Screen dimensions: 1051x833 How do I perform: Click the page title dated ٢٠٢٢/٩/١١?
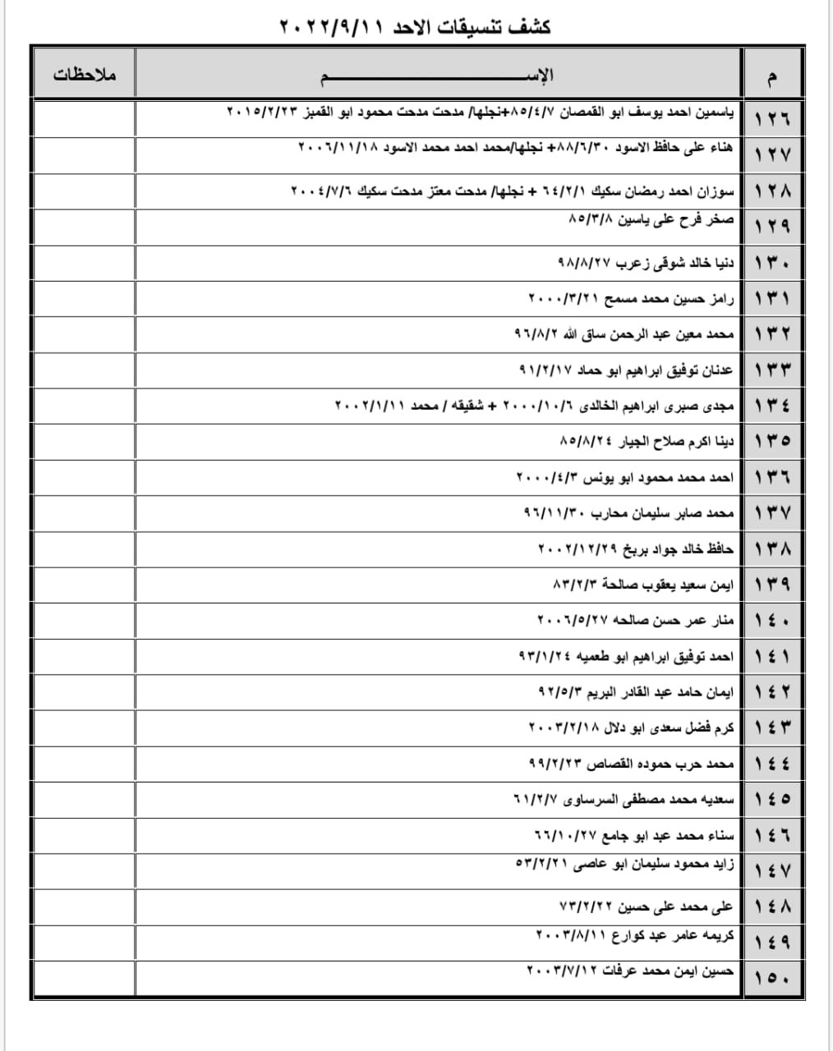415,26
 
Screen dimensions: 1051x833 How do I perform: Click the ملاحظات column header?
85,75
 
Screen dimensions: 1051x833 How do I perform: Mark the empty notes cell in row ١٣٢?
85,334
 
